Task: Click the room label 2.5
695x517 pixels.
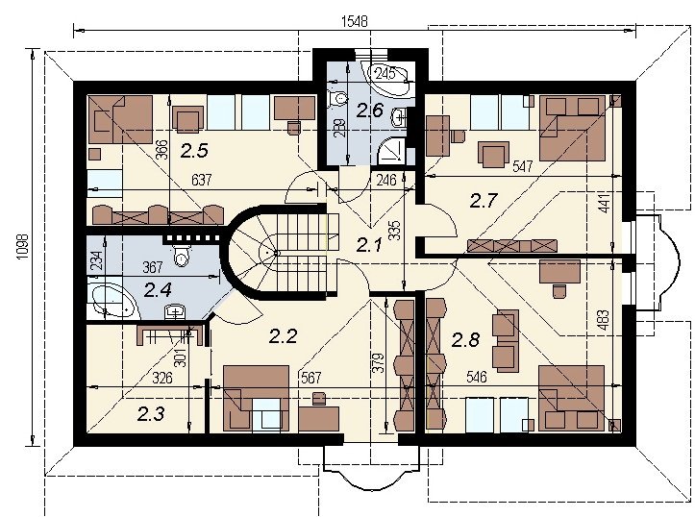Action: (x=194, y=151)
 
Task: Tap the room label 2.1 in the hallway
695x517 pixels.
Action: (x=369, y=244)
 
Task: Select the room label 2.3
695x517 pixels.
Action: (x=151, y=414)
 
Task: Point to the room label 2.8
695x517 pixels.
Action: (x=465, y=340)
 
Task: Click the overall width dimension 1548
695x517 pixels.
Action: (x=355, y=21)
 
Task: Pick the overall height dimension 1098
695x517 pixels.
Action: (x=23, y=247)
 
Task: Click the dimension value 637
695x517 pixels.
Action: (x=201, y=180)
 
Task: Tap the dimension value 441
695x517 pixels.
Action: (x=605, y=203)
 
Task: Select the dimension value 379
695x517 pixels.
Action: (x=378, y=363)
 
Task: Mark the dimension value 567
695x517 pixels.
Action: (x=310, y=378)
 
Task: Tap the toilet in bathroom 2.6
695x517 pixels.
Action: (x=337, y=99)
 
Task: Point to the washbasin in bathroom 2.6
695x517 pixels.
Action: (x=399, y=117)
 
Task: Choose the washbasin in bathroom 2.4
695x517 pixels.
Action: (x=176, y=311)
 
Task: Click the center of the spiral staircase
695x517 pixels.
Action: (x=276, y=253)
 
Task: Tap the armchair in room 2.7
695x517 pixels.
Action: (x=494, y=154)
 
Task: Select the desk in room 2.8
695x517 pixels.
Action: (x=559, y=271)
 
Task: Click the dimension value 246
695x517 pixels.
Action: (x=386, y=180)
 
